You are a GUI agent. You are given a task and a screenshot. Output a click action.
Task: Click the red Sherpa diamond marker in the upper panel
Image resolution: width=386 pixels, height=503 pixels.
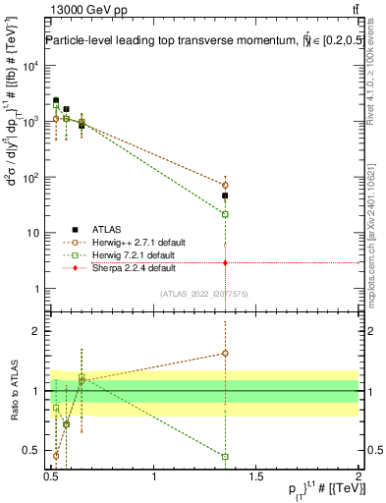(x=226, y=263)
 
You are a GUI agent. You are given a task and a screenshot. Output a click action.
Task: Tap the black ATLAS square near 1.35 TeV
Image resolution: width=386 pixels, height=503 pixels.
(x=226, y=196)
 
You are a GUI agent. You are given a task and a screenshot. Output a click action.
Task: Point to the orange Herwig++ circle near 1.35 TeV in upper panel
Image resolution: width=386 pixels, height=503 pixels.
(x=226, y=185)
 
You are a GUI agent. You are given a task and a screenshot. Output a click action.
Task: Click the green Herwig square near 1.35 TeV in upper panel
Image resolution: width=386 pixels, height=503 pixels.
(x=226, y=214)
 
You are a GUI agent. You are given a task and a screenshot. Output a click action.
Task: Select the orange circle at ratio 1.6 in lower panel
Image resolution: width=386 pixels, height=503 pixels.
(x=226, y=354)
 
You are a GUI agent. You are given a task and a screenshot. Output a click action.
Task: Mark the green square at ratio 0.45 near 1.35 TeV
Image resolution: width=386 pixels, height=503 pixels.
(x=226, y=457)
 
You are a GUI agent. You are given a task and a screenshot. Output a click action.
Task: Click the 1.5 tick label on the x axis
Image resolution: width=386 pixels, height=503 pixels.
(x=256, y=476)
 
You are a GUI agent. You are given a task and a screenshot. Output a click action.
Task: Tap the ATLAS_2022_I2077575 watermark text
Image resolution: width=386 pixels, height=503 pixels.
(x=203, y=294)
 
